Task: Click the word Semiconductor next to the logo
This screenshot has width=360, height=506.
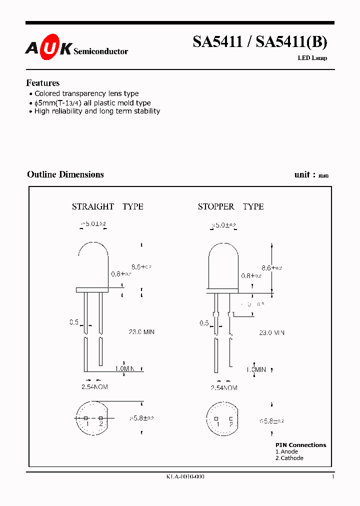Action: (x=100, y=51)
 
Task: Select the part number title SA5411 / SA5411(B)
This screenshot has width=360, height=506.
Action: (x=260, y=42)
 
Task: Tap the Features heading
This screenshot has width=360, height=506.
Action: (x=42, y=83)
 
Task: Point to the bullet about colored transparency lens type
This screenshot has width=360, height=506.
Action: (x=86, y=93)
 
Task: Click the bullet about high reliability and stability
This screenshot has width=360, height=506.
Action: (x=96, y=111)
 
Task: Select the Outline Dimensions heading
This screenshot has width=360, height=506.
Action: (x=65, y=174)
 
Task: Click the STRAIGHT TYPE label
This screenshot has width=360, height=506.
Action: (x=107, y=206)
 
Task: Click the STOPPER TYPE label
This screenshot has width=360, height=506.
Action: (x=230, y=206)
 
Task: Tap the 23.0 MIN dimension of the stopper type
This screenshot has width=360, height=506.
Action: (x=271, y=332)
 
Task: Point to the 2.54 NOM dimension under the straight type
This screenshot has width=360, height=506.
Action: (x=94, y=387)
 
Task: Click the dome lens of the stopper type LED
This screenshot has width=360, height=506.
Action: (x=222, y=265)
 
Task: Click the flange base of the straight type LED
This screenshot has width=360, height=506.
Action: (x=92, y=289)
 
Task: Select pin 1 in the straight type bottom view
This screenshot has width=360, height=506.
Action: (x=86, y=418)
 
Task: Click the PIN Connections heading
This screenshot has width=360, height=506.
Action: (x=300, y=445)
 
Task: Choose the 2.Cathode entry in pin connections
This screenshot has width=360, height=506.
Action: (x=289, y=458)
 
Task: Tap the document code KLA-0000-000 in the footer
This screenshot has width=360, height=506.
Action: (x=185, y=477)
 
